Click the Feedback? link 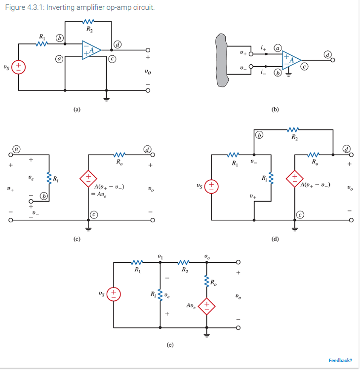click(340, 360)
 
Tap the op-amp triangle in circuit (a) click(91, 50)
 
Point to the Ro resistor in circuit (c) click(119, 154)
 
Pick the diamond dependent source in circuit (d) click(294, 177)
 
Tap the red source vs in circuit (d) click(211, 186)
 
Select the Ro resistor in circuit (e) click(206, 282)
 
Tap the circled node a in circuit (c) click(17, 148)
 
